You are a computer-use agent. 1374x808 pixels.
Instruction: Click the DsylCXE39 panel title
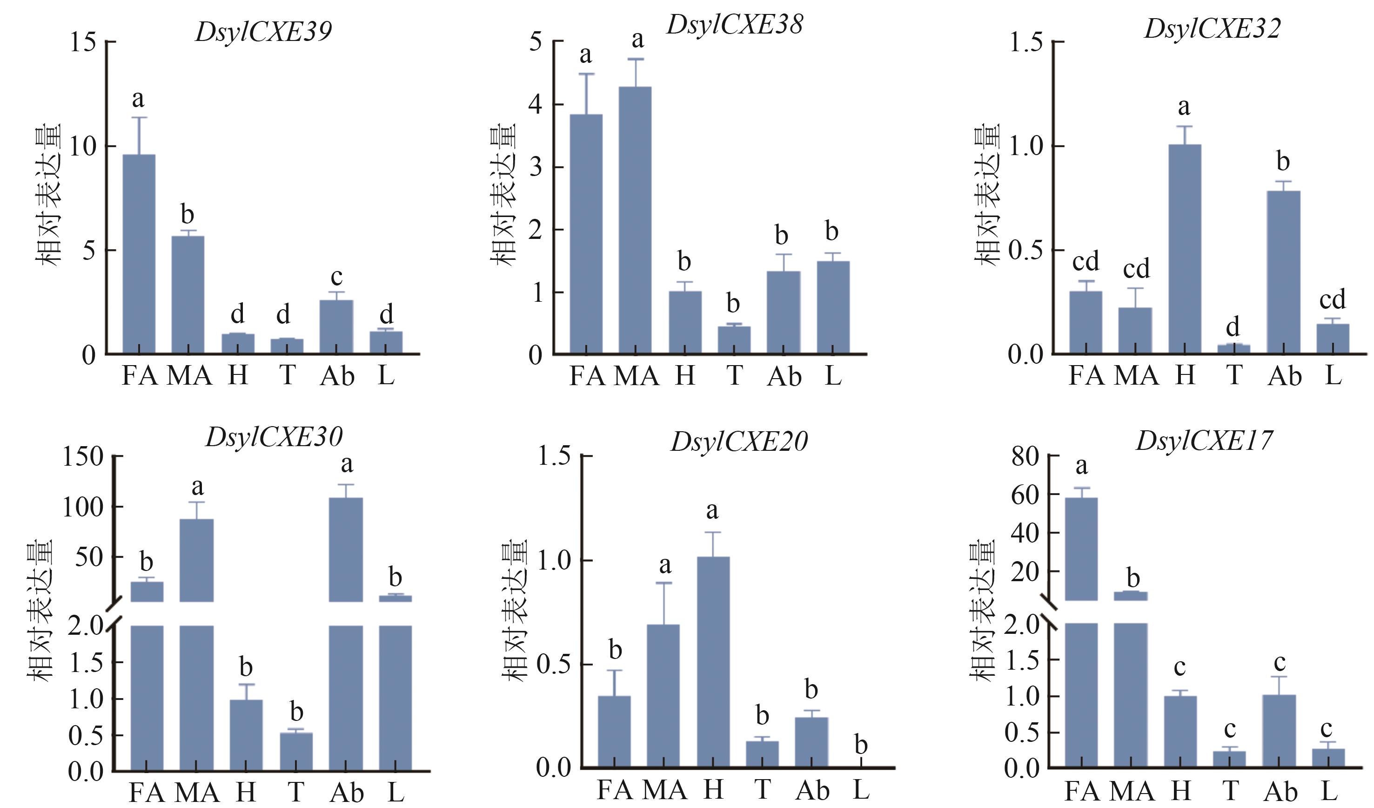(x=263, y=32)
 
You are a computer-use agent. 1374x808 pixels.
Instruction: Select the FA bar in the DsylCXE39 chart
(x=139, y=254)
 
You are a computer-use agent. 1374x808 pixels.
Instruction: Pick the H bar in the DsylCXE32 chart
(x=1184, y=249)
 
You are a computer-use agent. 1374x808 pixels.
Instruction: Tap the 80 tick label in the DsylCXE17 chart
(x=1025, y=456)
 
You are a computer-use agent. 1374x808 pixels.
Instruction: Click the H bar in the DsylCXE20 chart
(x=713, y=662)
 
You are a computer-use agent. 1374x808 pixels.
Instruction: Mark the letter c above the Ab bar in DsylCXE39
(x=336, y=277)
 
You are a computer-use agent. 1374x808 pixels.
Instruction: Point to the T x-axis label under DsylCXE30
(x=295, y=792)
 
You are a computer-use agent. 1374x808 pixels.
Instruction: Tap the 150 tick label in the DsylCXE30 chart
(x=83, y=456)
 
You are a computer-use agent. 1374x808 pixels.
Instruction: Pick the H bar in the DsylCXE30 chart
(x=246, y=735)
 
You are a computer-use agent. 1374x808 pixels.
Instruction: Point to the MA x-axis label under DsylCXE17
(x=1132, y=792)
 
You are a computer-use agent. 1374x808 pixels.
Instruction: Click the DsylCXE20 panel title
(x=739, y=442)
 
